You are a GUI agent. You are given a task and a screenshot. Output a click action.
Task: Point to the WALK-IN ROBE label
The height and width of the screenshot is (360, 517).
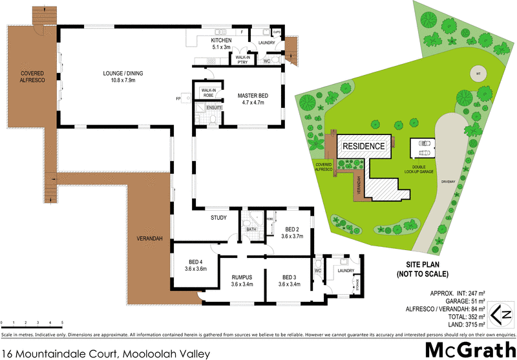(x=208, y=92)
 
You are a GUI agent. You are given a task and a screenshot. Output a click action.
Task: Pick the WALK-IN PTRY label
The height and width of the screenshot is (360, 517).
(x=243, y=59)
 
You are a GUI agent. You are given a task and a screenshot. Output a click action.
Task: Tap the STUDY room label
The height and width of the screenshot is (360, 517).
(x=218, y=218)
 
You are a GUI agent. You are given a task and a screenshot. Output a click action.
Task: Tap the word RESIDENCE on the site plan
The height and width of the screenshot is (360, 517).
(x=363, y=146)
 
